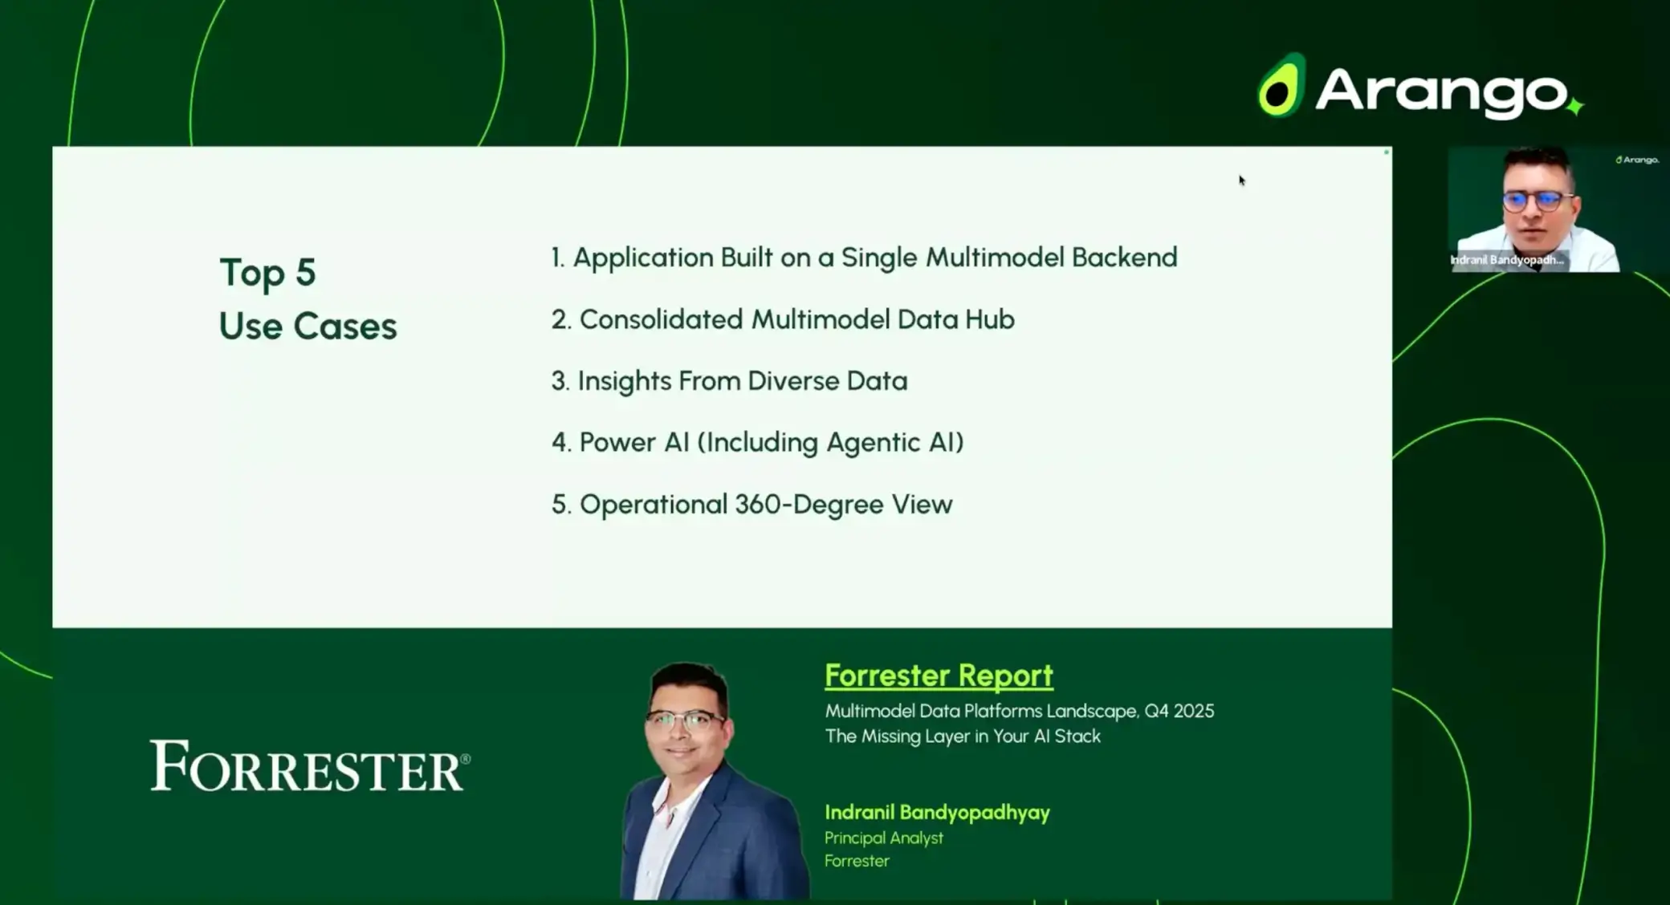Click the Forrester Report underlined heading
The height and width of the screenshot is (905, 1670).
[x=939, y=676]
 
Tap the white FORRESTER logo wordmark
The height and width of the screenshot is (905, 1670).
[x=310, y=765]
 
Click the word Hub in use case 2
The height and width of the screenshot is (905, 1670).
[x=989, y=319]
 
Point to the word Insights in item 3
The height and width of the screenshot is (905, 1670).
[x=624, y=381]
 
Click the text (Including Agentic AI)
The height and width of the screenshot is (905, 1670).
[x=830, y=443]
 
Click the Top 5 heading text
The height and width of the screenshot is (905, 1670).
[x=267, y=273]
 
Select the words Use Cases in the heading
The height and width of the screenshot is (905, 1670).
[x=308, y=327]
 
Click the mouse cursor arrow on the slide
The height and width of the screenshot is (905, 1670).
[x=1241, y=181]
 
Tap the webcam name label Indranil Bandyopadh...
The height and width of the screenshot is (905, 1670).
[x=1507, y=260]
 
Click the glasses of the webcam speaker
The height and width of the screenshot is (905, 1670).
[x=1537, y=201]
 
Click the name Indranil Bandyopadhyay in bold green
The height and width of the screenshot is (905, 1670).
[x=937, y=813]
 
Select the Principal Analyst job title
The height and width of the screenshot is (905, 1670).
[x=884, y=838]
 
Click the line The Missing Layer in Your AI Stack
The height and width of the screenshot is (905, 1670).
[x=963, y=737]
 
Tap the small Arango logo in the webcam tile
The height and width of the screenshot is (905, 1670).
[x=1636, y=160]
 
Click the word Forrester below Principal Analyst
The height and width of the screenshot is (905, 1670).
[x=857, y=861]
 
